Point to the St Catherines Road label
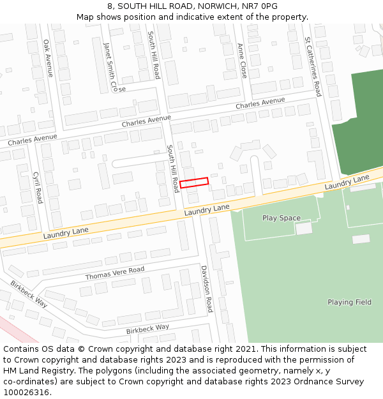click(x=313, y=66)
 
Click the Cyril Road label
click(x=37, y=186)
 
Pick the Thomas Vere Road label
click(x=115, y=274)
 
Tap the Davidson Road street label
click(x=206, y=289)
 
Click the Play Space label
click(x=281, y=218)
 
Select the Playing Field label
click(x=349, y=302)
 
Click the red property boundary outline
click(x=194, y=182)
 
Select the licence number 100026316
click(x=27, y=393)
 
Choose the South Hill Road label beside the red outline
click(x=172, y=169)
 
